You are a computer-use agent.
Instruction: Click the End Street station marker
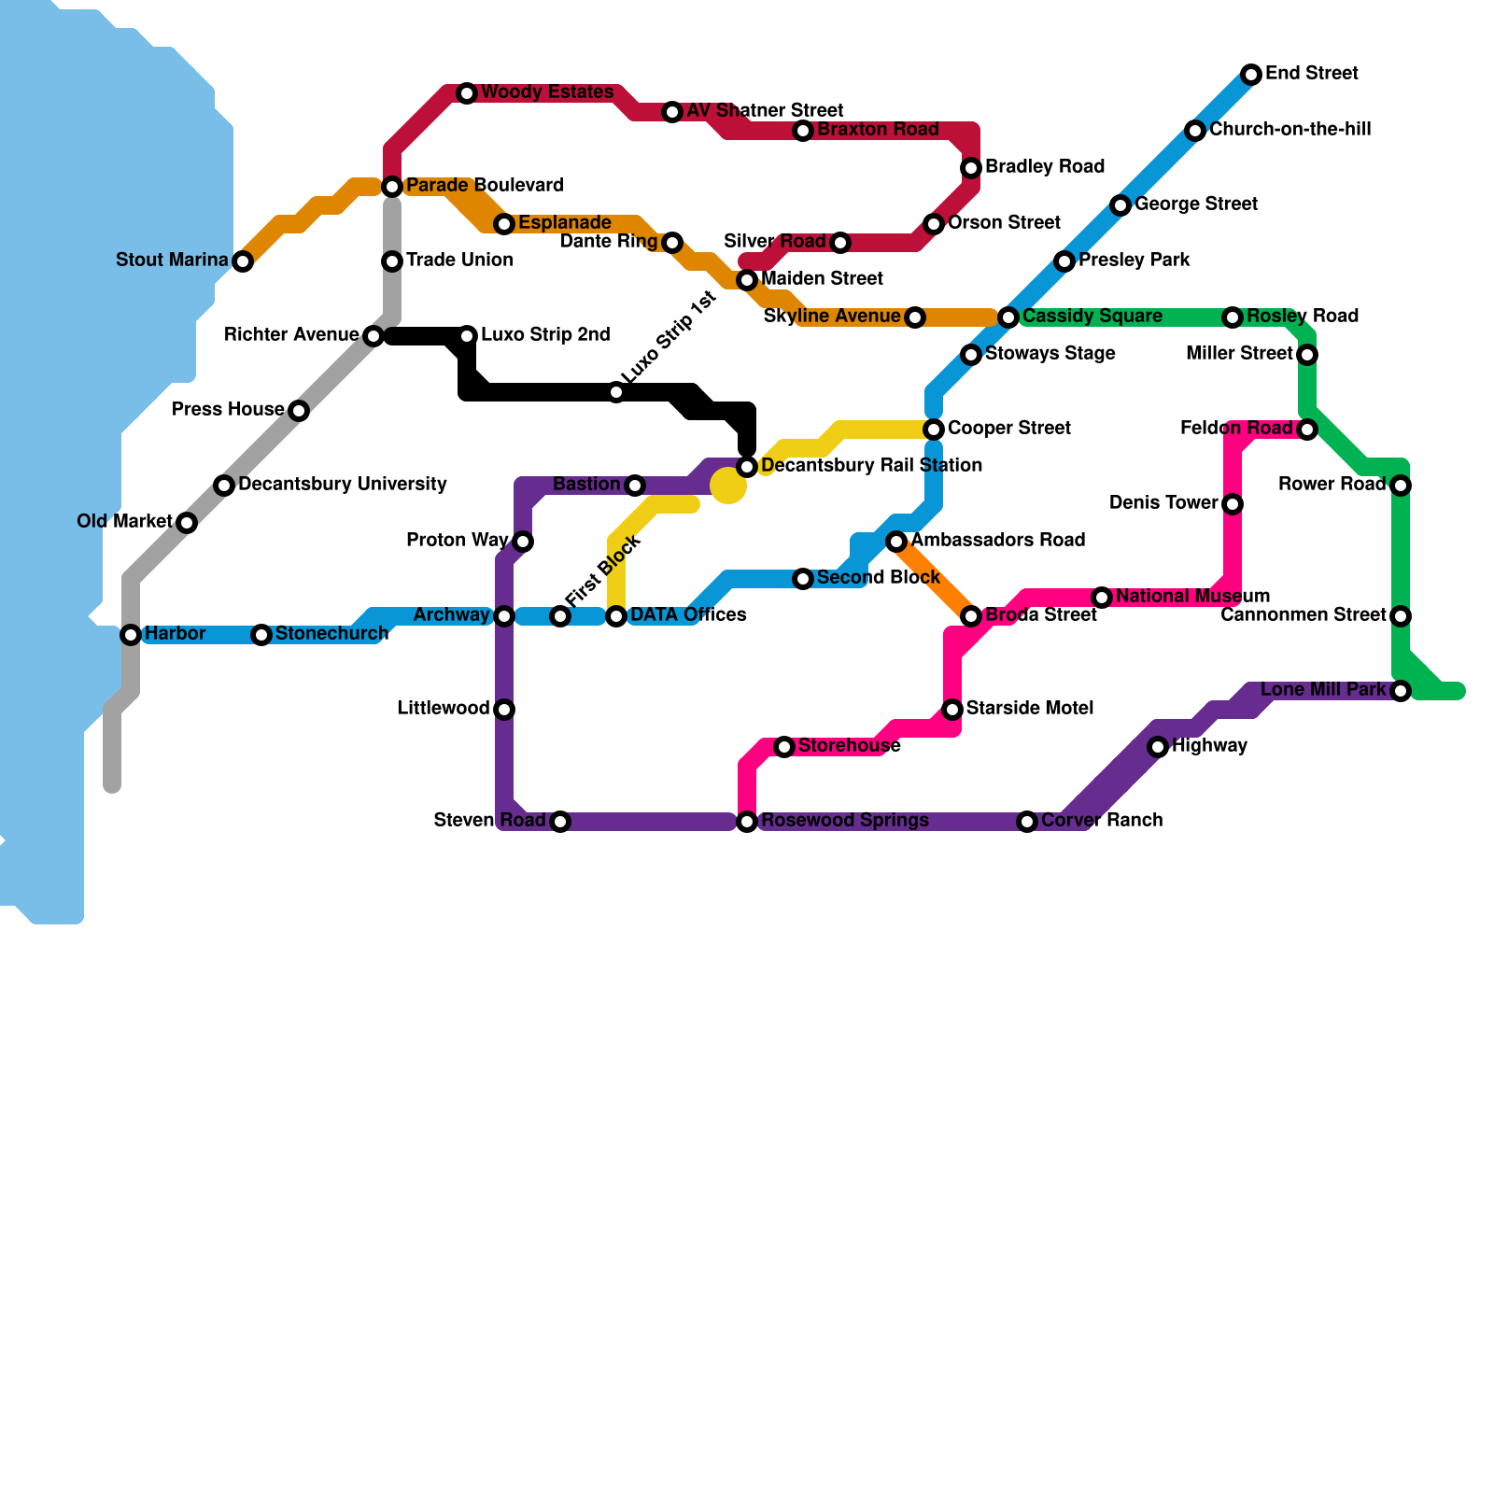tap(1251, 75)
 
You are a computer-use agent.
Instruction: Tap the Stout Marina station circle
tap(243, 261)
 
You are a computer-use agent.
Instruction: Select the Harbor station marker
tap(131, 635)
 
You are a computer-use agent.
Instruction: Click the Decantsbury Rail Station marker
tap(747, 467)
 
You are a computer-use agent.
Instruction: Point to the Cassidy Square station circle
tap(1008, 317)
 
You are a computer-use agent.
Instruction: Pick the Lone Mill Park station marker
tap(1400, 691)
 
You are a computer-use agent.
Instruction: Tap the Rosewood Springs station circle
tap(747, 822)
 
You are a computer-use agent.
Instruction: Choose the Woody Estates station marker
tap(467, 93)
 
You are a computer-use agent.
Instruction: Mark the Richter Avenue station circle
tap(373, 336)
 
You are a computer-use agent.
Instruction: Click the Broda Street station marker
tap(971, 616)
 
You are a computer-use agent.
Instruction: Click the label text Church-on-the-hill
tap(1290, 130)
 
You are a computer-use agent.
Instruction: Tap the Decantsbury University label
tap(342, 485)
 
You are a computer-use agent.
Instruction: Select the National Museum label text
tap(1192, 597)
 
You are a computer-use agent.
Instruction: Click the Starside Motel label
tap(1029, 709)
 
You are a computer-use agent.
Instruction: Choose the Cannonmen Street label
tap(1304, 615)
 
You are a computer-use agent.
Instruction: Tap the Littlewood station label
tap(443, 709)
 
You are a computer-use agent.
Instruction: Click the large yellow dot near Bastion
tap(728, 485)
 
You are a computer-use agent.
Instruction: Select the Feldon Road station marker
tap(1307, 430)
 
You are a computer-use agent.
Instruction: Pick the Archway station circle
tap(504, 616)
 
